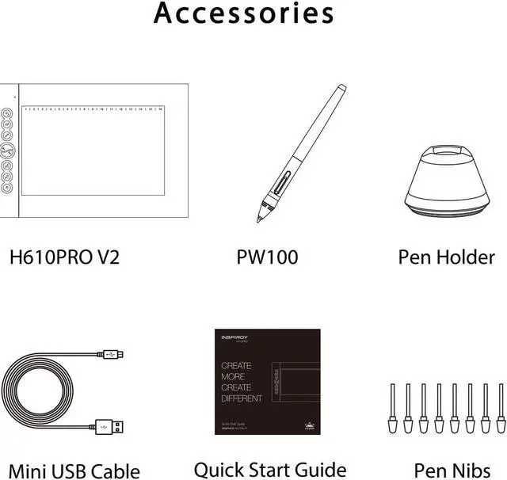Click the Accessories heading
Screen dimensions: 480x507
[243, 13]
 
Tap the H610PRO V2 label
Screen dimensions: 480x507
[63, 257]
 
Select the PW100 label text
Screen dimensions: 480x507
[267, 257]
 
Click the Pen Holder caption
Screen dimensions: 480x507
[446, 257]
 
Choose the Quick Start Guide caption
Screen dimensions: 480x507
[270, 470]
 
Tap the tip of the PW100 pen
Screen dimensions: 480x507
[258, 219]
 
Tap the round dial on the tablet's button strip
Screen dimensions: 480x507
[7, 151]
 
